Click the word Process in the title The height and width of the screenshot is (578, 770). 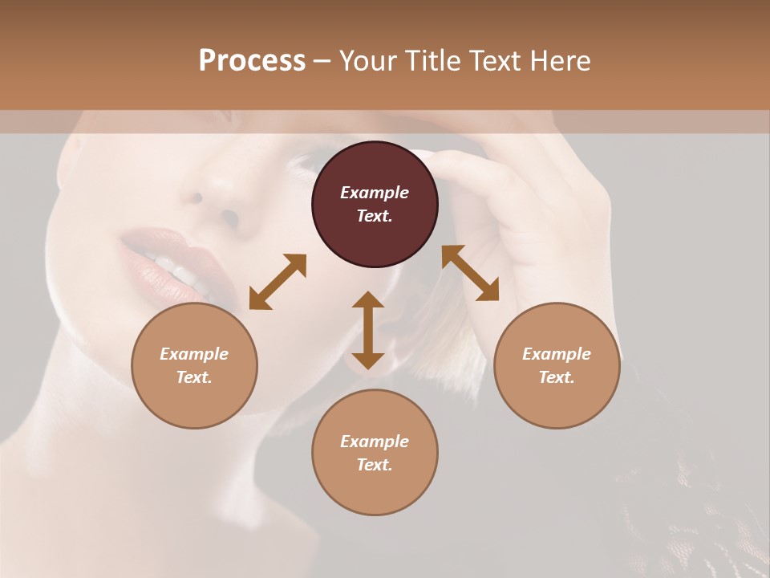click(x=252, y=61)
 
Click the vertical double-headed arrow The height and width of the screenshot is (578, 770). click(x=368, y=330)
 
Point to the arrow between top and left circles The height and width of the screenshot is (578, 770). click(x=278, y=282)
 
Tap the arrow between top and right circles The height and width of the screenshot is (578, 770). click(x=470, y=273)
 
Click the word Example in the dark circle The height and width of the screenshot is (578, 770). click(x=375, y=193)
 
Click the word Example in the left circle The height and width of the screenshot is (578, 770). click(x=194, y=354)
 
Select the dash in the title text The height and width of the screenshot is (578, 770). click(x=322, y=61)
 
